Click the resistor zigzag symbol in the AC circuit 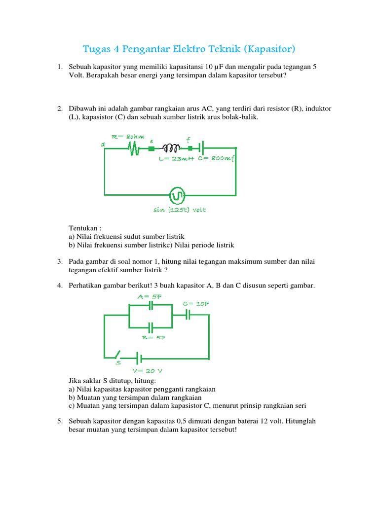(x=133, y=148)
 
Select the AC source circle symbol (x=176, y=196)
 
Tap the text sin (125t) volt (x=180, y=210)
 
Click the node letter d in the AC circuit (x=103, y=144)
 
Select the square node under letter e (x=152, y=147)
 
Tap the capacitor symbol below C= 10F (x=188, y=315)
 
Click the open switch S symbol (x=117, y=355)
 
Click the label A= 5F (x=150, y=296)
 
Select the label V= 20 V (x=147, y=370)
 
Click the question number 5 (x=59, y=421)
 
